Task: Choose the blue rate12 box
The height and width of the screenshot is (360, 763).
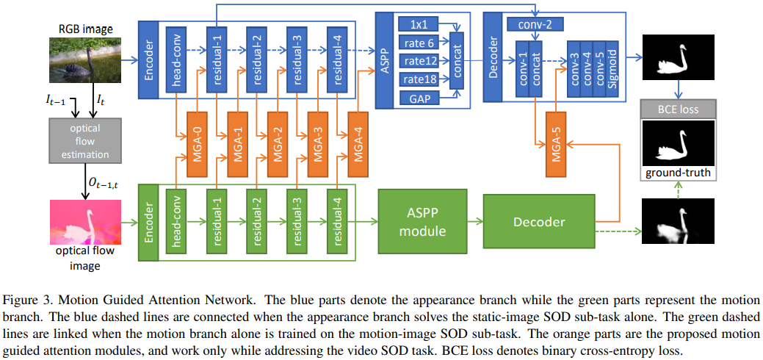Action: click(420, 60)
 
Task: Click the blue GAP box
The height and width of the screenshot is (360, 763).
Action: click(420, 98)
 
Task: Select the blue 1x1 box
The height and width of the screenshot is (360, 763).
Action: click(420, 24)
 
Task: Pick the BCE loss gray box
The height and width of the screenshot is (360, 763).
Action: click(679, 109)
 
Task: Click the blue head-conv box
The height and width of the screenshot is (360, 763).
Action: click(177, 59)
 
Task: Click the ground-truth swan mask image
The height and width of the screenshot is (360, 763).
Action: click(679, 143)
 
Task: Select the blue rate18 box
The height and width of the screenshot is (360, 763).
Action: click(420, 79)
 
